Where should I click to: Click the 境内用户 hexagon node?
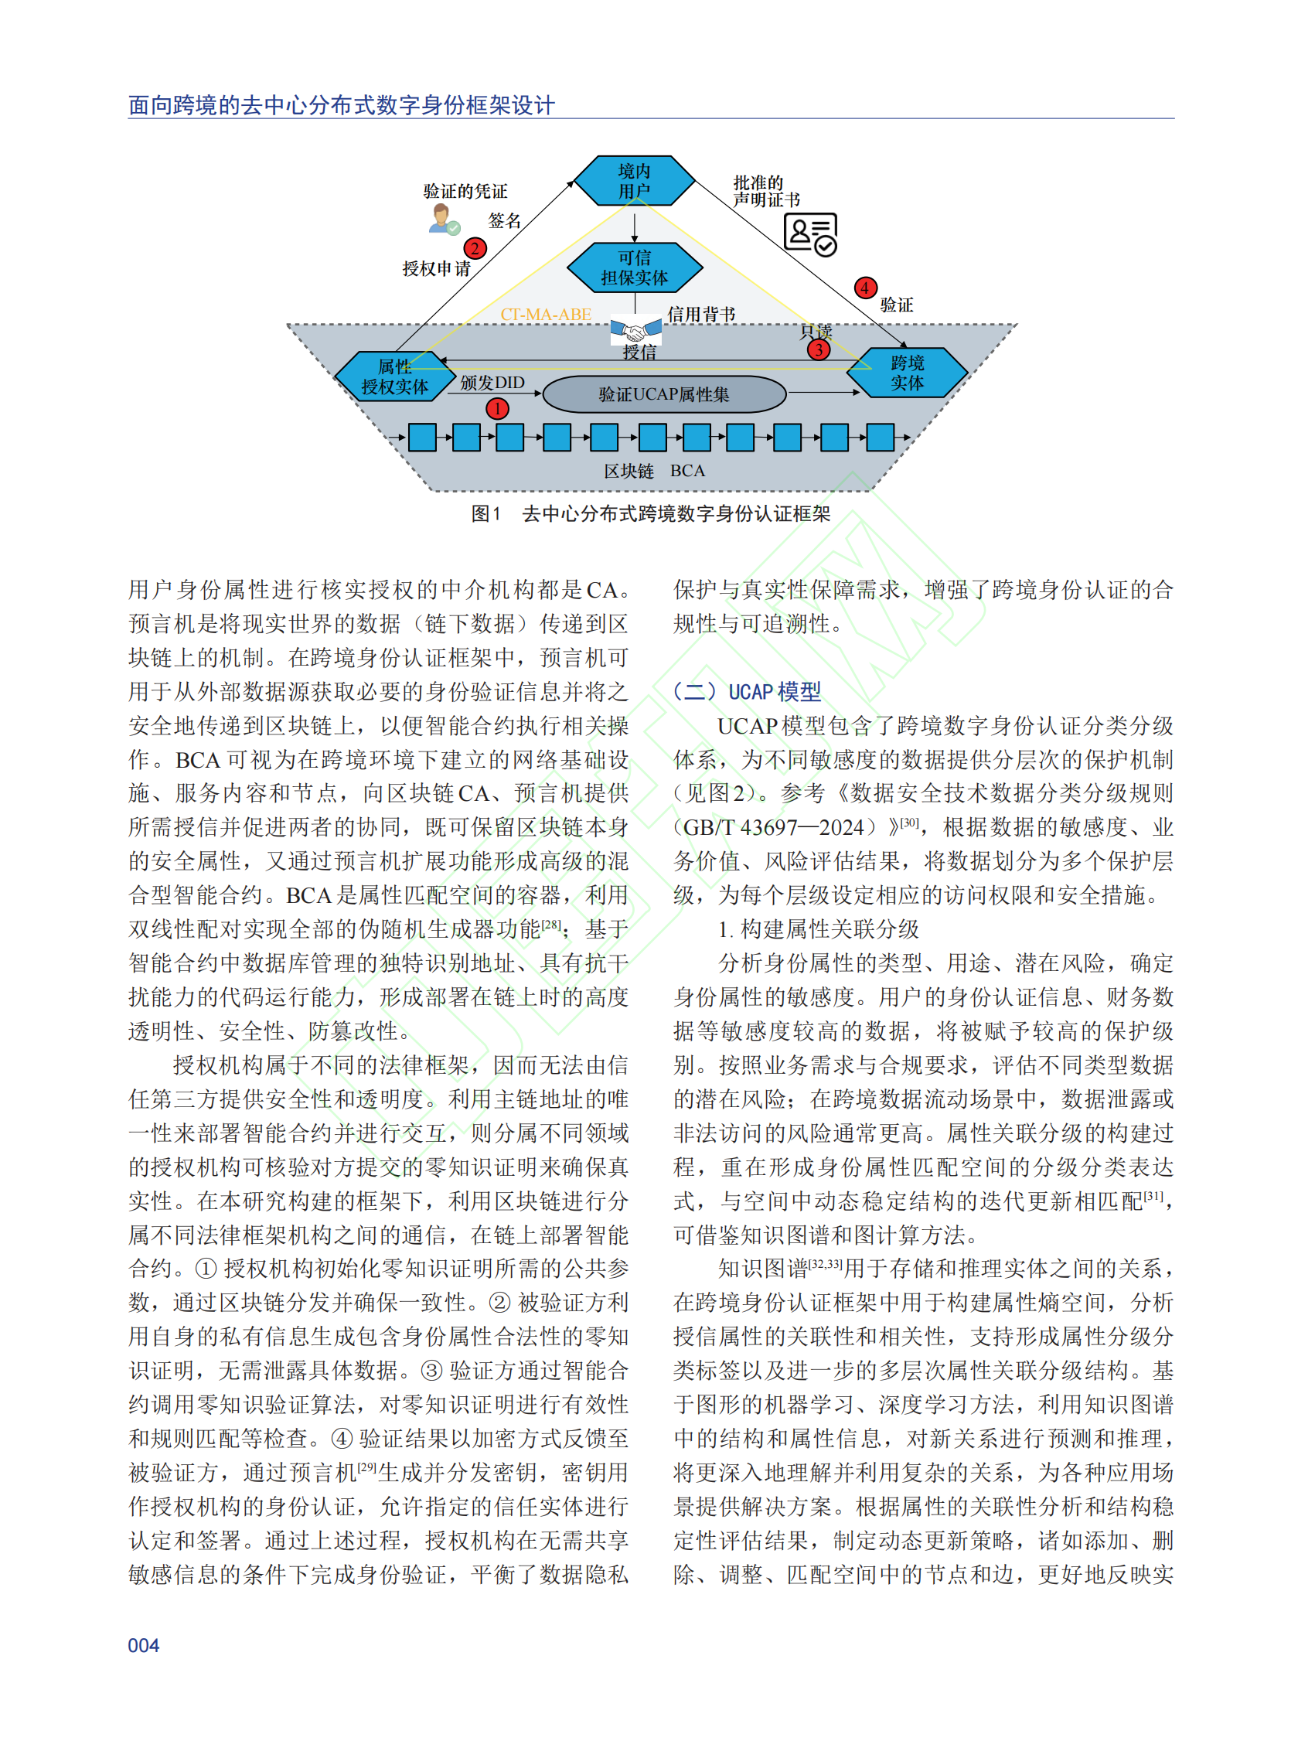coord(633,181)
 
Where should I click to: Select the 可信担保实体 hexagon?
coord(633,267)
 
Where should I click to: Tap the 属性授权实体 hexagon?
coord(394,376)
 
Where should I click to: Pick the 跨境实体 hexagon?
coord(907,373)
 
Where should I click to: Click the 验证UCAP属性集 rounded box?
coord(663,394)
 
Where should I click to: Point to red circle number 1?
coord(497,408)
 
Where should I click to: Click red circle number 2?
coord(475,249)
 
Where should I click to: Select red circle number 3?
coord(819,349)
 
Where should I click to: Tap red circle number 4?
coord(865,288)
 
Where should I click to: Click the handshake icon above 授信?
coord(636,330)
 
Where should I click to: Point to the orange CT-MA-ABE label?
coord(545,314)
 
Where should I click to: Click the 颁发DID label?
coord(492,383)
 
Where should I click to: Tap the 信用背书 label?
coord(701,314)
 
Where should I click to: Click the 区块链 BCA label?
coord(654,471)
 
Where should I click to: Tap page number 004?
coord(143,1645)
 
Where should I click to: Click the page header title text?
coord(342,105)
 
